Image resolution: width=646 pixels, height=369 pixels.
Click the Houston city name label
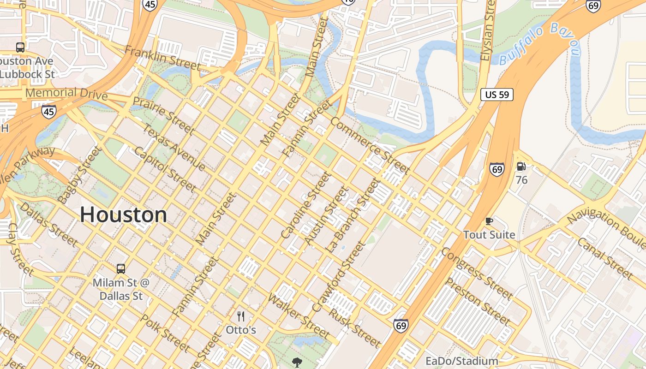click(x=123, y=215)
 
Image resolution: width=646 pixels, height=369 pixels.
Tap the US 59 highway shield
click(x=497, y=95)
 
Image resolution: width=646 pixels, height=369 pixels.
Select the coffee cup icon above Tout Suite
click(x=489, y=221)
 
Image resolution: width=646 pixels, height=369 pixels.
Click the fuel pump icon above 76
click(x=521, y=167)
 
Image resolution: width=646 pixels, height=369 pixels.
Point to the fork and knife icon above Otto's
click(x=240, y=316)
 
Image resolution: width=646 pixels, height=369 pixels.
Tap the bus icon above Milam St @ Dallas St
click(x=121, y=268)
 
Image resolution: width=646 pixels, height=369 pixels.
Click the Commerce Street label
click(x=370, y=145)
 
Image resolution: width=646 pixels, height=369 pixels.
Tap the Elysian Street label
click(x=487, y=30)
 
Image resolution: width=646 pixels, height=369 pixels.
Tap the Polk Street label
click(x=164, y=333)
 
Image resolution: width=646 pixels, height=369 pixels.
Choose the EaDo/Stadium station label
click(x=461, y=361)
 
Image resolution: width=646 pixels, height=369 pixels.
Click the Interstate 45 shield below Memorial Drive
click(x=49, y=111)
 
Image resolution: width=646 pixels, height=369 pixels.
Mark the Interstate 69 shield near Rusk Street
click(x=401, y=325)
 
